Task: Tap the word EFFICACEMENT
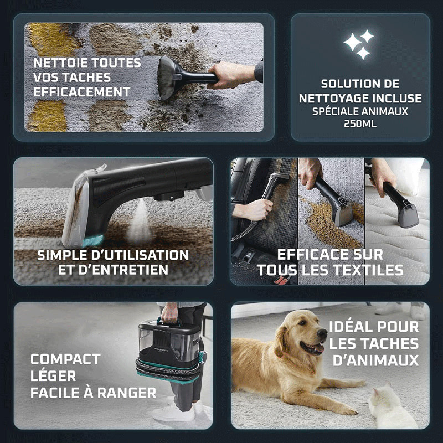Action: click(x=82, y=92)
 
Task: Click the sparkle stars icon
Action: click(x=359, y=44)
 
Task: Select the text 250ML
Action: click(x=360, y=123)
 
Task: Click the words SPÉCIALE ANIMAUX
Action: click(x=360, y=111)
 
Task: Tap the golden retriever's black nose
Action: click(x=322, y=333)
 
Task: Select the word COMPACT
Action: click(x=65, y=359)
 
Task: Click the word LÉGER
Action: click(x=53, y=376)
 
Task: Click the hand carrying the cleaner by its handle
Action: click(x=169, y=313)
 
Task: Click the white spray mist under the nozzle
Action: click(x=140, y=222)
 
